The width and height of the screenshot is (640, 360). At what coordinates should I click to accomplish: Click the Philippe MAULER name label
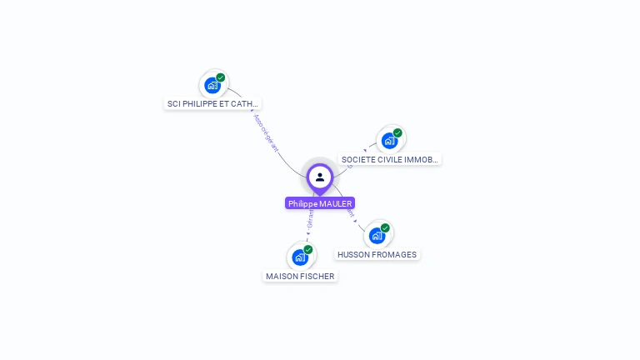pos(320,203)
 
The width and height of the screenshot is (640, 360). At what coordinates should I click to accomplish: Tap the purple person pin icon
pos(320,177)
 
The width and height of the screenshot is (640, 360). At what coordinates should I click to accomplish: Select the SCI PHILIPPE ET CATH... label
pos(213,104)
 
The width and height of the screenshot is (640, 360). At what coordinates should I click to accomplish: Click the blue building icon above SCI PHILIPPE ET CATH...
pos(212,85)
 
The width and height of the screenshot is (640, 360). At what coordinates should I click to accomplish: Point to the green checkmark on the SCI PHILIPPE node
pos(221,77)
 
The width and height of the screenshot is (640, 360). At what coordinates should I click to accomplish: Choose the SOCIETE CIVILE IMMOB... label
pos(389,159)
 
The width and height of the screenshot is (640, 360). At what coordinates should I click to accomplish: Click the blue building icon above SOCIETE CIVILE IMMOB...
pos(389,140)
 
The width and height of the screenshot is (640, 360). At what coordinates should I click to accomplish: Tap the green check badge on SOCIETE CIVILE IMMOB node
pos(397,132)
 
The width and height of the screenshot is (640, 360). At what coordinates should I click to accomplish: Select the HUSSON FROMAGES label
pos(377,255)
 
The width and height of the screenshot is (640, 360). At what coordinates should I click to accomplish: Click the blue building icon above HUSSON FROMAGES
pos(377,236)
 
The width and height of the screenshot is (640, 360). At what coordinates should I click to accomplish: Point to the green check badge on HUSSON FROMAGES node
pos(385,228)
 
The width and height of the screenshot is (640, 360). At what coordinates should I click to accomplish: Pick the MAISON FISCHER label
pos(300,276)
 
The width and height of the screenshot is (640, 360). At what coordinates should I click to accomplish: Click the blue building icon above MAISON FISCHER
pos(300,257)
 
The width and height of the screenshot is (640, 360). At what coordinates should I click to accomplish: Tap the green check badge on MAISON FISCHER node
pos(308,250)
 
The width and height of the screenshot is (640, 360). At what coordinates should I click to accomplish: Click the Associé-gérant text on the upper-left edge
pos(265,132)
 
